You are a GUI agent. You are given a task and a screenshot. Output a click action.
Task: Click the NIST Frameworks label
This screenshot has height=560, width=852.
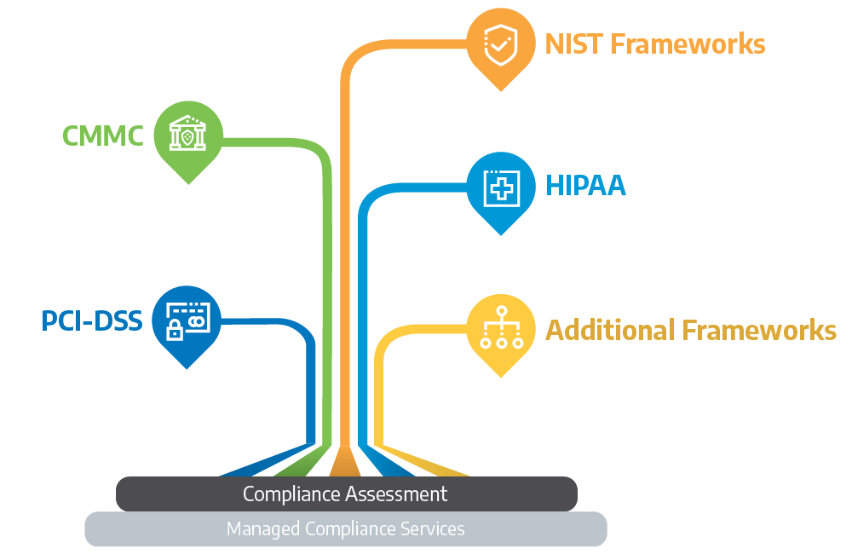point(654,43)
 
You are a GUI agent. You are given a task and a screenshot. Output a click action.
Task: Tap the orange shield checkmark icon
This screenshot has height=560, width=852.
point(500,44)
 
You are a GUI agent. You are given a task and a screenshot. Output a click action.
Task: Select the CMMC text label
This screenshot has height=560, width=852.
point(103,135)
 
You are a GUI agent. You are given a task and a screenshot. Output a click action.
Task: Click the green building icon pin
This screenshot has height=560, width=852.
point(188,136)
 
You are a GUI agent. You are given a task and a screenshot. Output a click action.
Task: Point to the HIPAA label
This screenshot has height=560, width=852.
point(585,186)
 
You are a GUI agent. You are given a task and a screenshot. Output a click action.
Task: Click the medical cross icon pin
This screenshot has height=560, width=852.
point(500,187)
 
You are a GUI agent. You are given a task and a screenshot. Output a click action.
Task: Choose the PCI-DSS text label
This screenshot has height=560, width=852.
point(92,321)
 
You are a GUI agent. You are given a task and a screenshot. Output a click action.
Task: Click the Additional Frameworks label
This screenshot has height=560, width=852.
point(690,330)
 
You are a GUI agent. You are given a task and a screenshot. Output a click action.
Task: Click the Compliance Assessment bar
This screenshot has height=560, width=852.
point(346,494)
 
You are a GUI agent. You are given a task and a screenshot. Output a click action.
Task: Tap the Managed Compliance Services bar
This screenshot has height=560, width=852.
point(346,529)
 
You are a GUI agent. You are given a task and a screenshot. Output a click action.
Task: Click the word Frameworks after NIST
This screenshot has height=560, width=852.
point(690,43)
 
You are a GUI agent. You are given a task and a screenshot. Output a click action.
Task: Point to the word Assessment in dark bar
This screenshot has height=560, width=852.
point(398,494)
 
